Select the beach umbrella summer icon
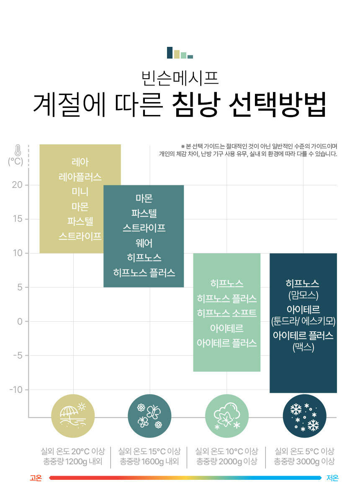(73, 416)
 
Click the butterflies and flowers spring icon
(149, 416)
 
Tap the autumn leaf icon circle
(227, 416)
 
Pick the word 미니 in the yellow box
(80, 192)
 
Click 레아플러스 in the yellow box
(80, 177)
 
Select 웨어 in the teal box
(144, 243)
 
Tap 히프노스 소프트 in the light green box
(227, 313)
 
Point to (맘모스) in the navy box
(303, 295)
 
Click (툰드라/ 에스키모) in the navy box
(303, 321)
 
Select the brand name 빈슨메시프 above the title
(180, 78)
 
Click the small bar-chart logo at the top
(180, 53)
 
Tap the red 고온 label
(36, 478)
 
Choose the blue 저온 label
(332, 478)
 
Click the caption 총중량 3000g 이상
(304, 461)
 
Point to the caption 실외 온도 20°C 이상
(73, 451)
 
